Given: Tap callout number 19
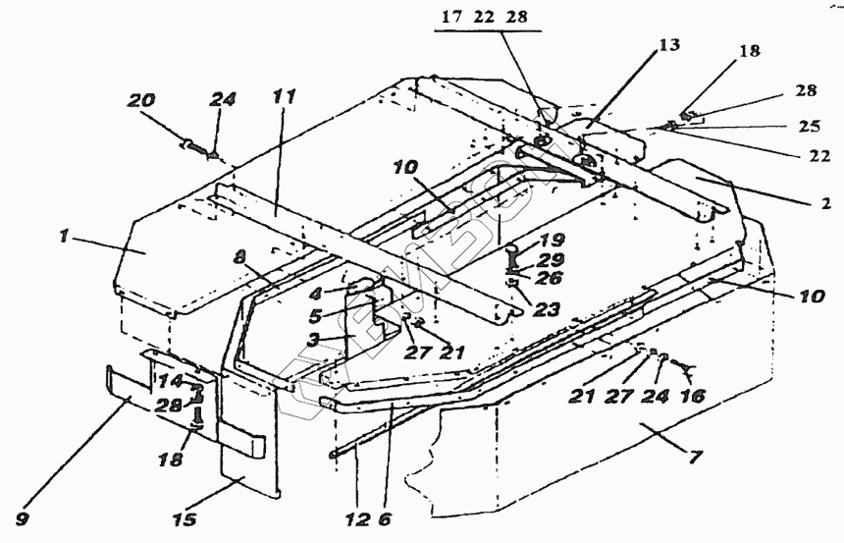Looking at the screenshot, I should tap(552, 239).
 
